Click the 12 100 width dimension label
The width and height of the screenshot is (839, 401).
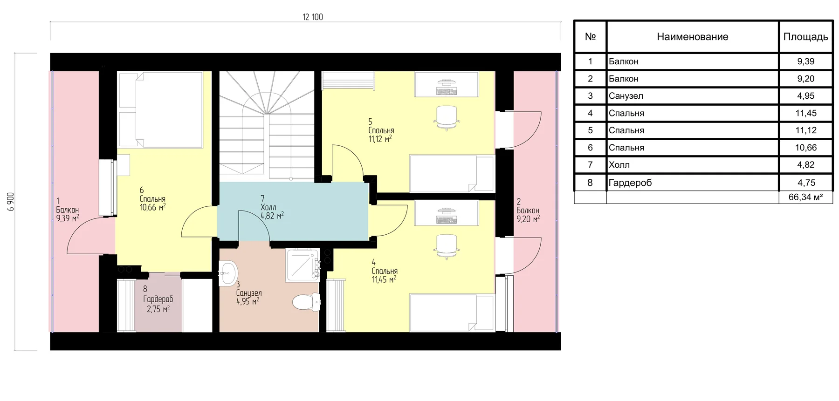[312, 17]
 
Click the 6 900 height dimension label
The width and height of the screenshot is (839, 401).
[11, 202]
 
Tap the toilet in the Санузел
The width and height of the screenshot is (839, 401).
[306, 302]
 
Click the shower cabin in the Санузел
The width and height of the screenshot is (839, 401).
[303, 265]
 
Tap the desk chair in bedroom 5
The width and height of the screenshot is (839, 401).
[447, 117]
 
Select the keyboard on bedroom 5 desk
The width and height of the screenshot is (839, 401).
[447, 91]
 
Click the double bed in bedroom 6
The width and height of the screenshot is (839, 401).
[160, 110]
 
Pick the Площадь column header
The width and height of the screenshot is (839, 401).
[805, 37]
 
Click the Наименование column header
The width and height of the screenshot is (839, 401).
[692, 37]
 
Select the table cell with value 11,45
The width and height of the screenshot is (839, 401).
[805, 113]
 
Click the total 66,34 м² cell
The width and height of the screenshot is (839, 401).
[805, 197]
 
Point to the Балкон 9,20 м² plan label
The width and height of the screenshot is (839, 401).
[528, 211]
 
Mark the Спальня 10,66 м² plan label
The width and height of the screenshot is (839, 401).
[152, 199]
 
